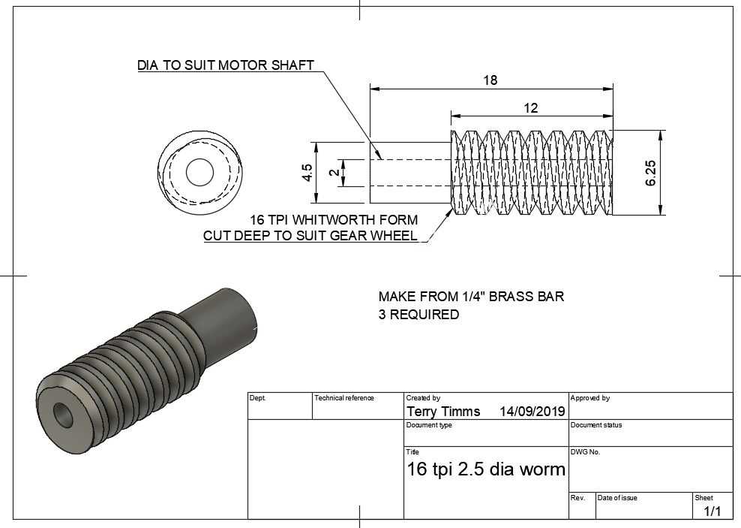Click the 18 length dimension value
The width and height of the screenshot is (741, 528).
(x=490, y=80)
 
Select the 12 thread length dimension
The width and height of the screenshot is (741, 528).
(x=531, y=108)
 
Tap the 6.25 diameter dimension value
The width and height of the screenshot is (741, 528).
(x=650, y=173)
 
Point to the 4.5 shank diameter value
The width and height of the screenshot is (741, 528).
(x=307, y=172)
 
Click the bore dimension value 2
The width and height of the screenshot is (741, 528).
(x=334, y=173)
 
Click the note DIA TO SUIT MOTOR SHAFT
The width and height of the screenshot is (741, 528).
(x=226, y=65)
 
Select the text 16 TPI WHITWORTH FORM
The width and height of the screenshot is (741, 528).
(x=334, y=219)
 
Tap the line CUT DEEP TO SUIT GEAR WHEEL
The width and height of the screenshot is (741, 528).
(x=310, y=235)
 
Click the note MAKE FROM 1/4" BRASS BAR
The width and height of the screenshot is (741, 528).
(x=471, y=297)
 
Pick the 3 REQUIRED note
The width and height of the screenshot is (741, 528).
(x=418, y=315)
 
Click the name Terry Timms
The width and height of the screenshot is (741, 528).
(x=443, y=412)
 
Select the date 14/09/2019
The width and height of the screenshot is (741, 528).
(x=532, y=412)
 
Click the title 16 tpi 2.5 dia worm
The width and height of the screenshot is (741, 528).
(x=486, y=469)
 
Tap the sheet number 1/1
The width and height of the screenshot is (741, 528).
(x=712, y=511)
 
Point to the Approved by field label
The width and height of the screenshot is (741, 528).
(x=589, y=398)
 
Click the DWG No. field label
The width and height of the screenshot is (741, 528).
(x=585, y=452)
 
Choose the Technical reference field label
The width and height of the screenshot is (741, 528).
(x=344, y=398)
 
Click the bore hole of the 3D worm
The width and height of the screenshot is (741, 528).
(x=63, y=415)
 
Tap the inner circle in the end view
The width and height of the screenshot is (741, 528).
(x=200, y=172)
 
